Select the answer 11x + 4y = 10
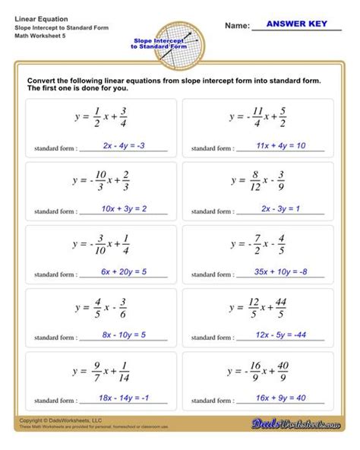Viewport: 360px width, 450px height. pos(281,145)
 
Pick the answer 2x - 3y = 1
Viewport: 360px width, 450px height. pos(281,208)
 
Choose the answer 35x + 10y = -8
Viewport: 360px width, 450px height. pos(281,271)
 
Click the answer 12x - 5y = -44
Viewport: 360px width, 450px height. pos(281,334)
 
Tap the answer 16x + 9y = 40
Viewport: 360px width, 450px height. pos(281,398)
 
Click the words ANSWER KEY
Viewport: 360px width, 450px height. pos(297,24)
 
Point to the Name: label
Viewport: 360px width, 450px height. pos(238,26)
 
